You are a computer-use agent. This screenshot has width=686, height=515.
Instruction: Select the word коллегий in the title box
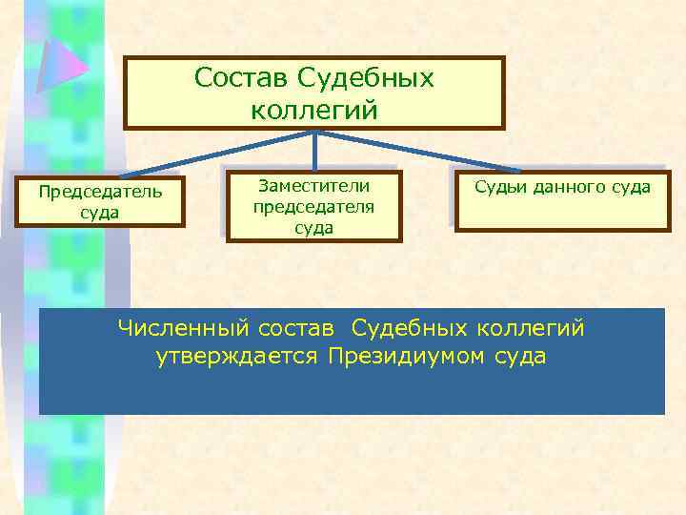[x=314, y=110]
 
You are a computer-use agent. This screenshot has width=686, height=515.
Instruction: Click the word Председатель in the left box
[x=100, y=191]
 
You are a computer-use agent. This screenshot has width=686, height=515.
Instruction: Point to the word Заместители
[x=314, y=185]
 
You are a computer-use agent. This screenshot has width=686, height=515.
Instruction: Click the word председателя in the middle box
[x=314, y=206]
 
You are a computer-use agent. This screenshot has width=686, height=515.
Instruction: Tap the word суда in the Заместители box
[x=314, y=227]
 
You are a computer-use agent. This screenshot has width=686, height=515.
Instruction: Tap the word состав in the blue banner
[x=293, y=329]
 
